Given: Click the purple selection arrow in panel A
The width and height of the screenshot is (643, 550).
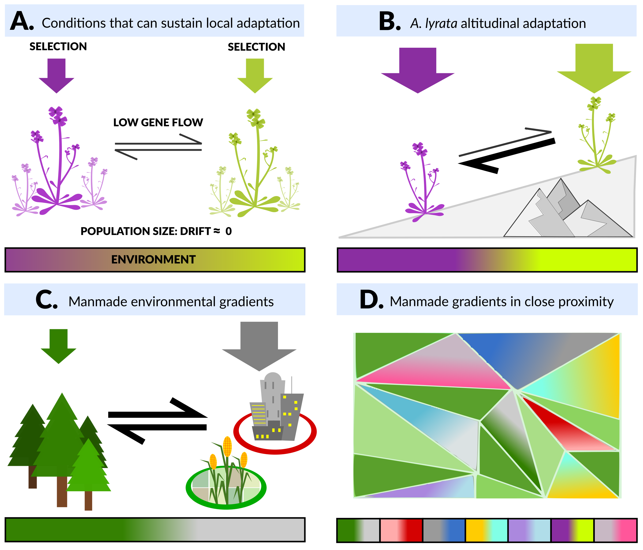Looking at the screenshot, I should click(57, 75).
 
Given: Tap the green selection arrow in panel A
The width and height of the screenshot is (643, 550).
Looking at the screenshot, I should click(255, 75).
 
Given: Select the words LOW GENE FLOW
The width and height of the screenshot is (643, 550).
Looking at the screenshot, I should click(158, 123).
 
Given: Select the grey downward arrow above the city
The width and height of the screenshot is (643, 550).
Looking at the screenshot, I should click(259, 345).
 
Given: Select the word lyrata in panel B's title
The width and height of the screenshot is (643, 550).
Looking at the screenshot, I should click(441, 24).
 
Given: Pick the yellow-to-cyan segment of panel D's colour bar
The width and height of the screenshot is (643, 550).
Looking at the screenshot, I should click(487, 530).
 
